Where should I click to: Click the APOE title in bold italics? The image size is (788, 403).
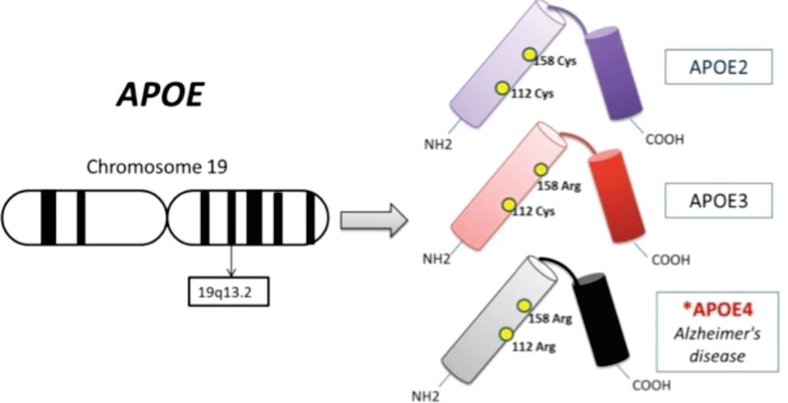pyautogui.click(x=161, y=96)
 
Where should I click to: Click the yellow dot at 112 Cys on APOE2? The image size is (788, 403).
pyautogui.click(x=502, y=88)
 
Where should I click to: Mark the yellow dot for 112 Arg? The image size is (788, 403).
pyautogui.click(x=506, y=334)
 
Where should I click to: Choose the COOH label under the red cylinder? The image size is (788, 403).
pyautogui.click(x=669, y=260)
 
